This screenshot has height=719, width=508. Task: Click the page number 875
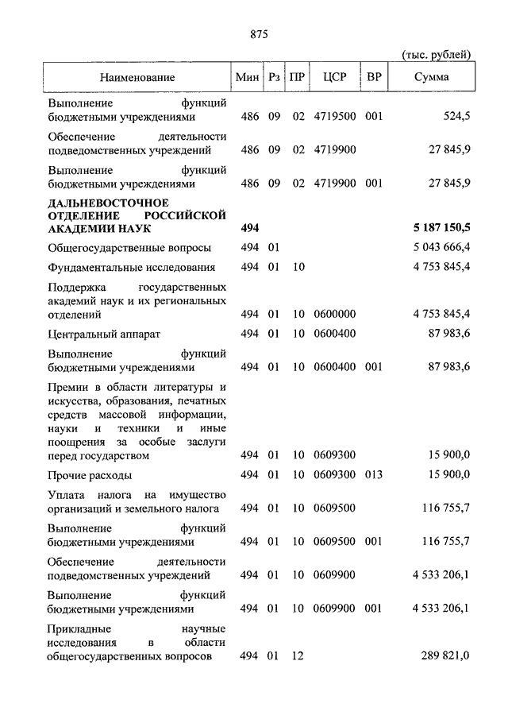(x=259, y=33)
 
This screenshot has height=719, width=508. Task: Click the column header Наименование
(x=137, y=77)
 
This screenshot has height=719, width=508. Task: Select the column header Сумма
(x=432, y=77)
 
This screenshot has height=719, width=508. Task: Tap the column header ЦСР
(x=334, y=77)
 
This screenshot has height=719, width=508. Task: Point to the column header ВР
(x=374, y=77)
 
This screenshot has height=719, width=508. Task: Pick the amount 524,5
(x=456, y=116)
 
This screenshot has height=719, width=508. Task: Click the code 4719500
(x=334, y=116)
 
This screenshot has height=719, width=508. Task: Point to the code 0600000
(x=334, y=315)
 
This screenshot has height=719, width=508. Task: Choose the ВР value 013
(x=374, y=474)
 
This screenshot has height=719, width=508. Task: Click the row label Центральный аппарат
(x=104, y=334)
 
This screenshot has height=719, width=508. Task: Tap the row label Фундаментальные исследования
(x=132, y=267)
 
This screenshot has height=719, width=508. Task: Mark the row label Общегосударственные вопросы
(x=129, y=248)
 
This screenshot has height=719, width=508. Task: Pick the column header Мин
(x=248, y=77)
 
